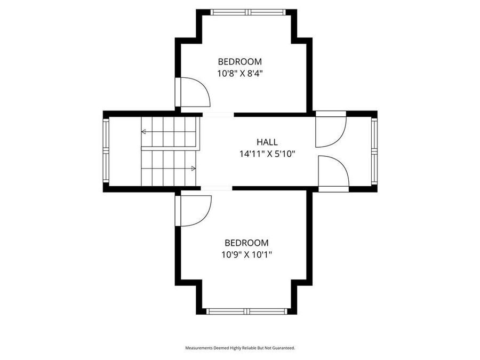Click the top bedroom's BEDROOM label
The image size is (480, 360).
(240, 61)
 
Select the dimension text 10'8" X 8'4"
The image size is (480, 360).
(240, 74)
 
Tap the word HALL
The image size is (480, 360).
(267, 142)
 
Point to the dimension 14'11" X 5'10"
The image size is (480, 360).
(267, 154)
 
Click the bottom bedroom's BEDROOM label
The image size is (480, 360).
(246, 243)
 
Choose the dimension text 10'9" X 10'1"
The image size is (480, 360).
(246, 255)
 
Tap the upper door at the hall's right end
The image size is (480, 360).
(330, 131)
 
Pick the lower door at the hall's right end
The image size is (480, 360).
(332, 173)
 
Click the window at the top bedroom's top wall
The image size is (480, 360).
(246, 12)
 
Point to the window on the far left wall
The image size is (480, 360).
(106, 151)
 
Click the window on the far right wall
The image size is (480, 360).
(374, 151)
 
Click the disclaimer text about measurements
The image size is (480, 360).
(240, 348)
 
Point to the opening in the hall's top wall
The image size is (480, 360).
(218, 114)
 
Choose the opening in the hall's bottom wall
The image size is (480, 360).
(216, 188)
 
